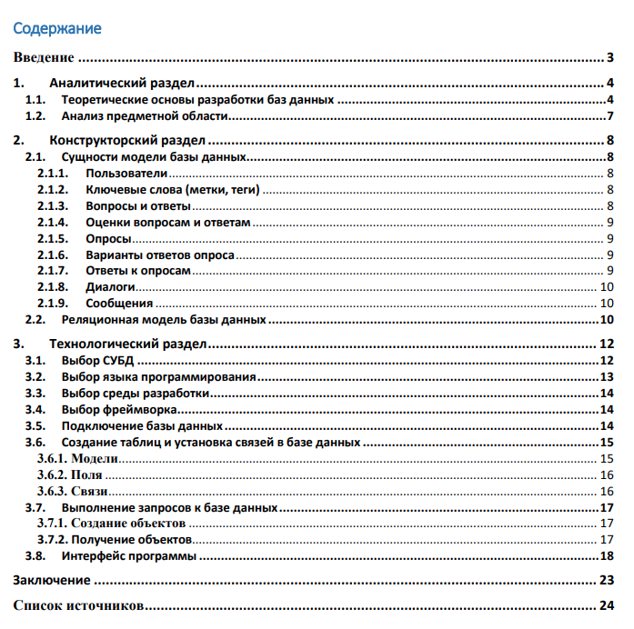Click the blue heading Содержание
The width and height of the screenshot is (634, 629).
pyautogui.click(x=56, y=28)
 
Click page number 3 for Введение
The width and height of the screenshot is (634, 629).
pyautogui.click(x=610, y=59)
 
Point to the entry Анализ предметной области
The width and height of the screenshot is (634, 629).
pyautogui.click(x=144, y=116)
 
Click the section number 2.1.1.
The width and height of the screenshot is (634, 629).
pyautogui.click(x=54, y=173)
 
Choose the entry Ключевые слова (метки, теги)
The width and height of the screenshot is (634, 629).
pyautogui.click(x=173, y=189)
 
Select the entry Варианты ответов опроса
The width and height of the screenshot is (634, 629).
pyautogui.click(x=160, y=255)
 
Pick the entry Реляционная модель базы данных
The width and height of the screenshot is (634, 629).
pyautogui.click(x=164, y=320)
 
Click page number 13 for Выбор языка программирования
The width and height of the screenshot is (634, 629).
pyautogui.click(x=608, y=376)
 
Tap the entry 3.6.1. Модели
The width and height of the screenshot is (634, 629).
pyautogui.click(x=78, y=458)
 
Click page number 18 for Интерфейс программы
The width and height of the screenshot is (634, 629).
pyautogui.click(x=608, y=555)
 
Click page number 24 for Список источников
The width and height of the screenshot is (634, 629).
pyautogui.click(x=608, y=605)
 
